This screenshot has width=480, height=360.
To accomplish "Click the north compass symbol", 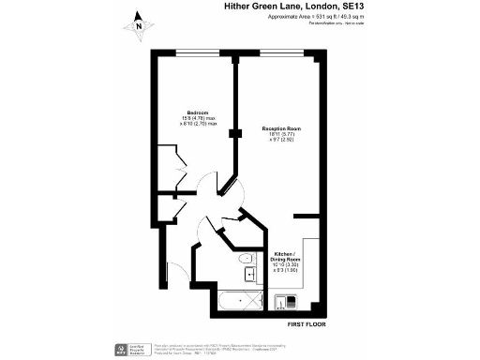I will (138, 22).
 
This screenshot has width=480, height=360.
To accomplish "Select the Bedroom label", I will (197, 112).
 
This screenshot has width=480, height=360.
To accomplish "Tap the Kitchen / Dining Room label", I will (290, 258).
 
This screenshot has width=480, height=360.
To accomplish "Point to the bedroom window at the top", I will (193, 53).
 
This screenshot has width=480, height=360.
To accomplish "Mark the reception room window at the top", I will (280, 53).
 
